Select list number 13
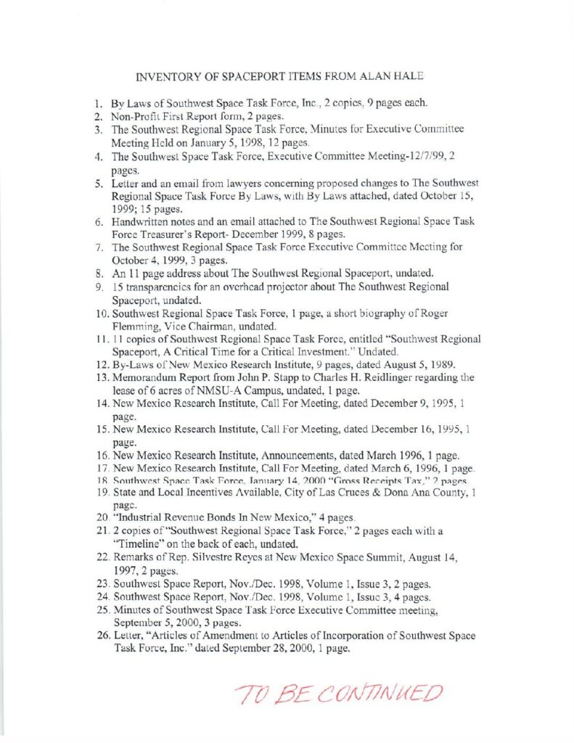tap(102, 377)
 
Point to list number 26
tap(102, 635)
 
